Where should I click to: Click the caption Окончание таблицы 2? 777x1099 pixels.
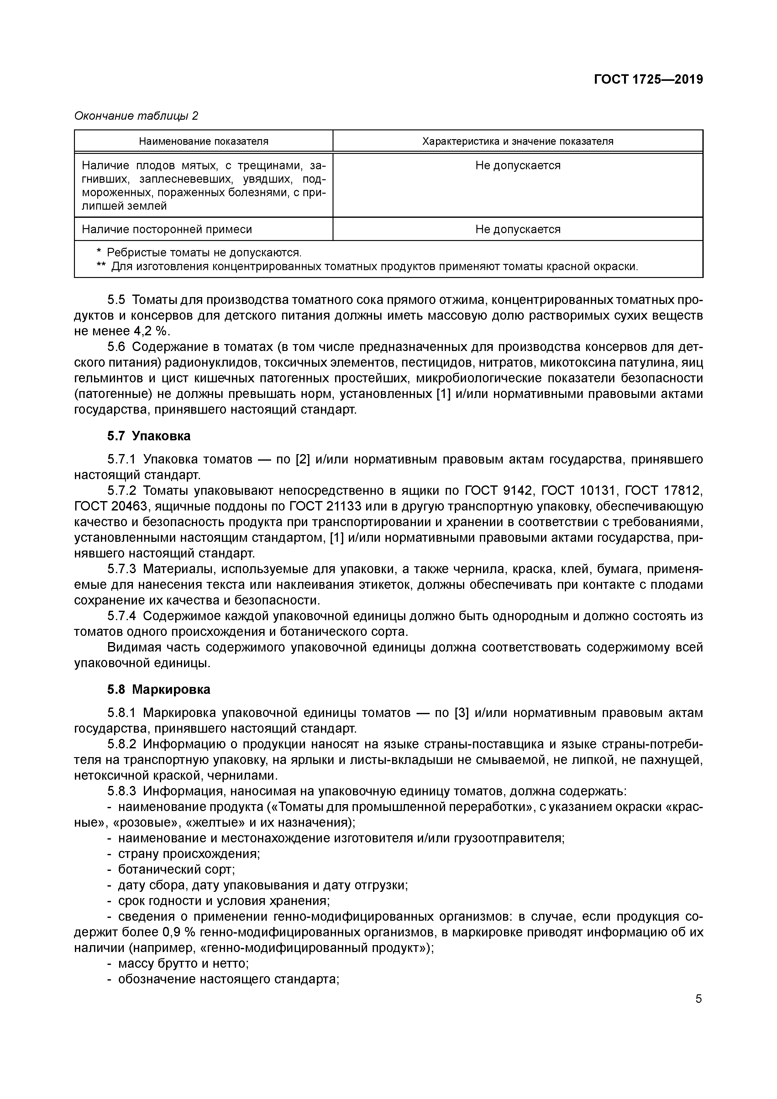point(136,116)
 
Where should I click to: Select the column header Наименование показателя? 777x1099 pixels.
point(203,141)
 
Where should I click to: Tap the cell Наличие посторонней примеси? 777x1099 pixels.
point(167,229)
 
